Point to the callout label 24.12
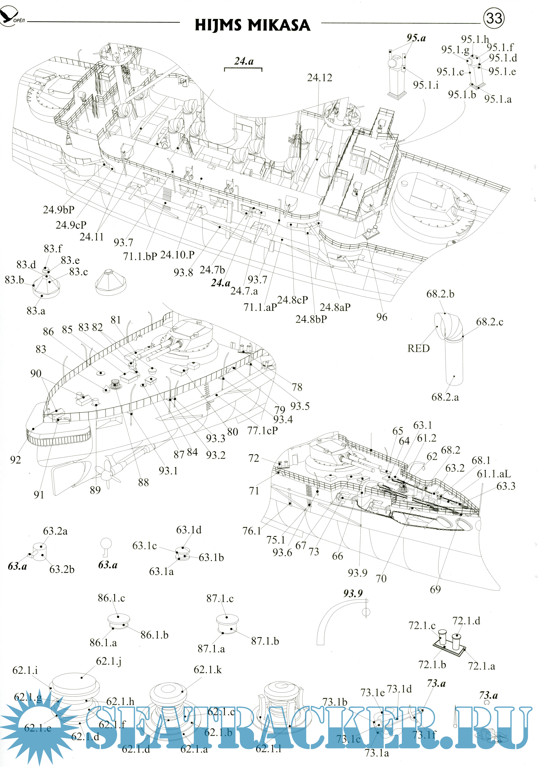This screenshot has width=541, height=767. tap(320, 78)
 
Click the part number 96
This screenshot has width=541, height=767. tap(382, 317)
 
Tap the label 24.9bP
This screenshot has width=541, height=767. tap(59, 210)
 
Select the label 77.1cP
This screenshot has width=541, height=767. tap(263, 431)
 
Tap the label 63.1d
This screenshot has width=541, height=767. tap(189, 530)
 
